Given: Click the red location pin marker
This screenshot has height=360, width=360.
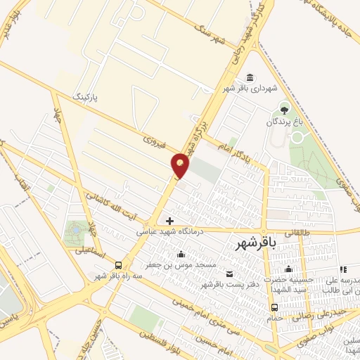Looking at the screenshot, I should pos(181,165).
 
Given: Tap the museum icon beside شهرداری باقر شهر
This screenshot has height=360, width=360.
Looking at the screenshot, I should pos(250,77).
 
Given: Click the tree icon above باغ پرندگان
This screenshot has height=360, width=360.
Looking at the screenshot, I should pos(284,109).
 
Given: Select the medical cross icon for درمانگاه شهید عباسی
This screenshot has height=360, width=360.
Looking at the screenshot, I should pos(169,221).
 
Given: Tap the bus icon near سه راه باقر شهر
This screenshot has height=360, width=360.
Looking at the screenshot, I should pos(118,266).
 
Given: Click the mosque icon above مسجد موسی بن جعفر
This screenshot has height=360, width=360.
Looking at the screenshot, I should pos(182,255).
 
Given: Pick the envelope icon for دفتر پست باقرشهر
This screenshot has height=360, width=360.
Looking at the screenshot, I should pos(230,274).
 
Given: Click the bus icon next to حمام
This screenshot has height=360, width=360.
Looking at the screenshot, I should pos(275,307).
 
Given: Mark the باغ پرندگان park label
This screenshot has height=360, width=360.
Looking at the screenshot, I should pos(283,122).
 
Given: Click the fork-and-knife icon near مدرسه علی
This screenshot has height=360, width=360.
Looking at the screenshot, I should pos(342,269).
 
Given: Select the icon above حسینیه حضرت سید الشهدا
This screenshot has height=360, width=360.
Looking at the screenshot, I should pos(288,269).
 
